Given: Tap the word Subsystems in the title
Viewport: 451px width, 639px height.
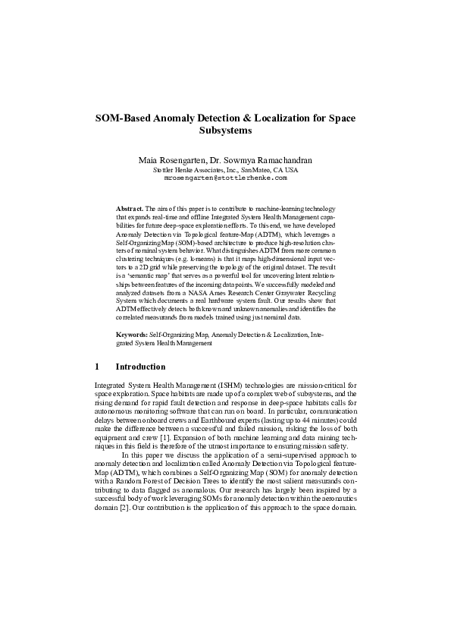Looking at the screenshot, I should (x=225, y=131).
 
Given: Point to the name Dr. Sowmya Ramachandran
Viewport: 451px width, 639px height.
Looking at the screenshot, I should (x=259, y=161).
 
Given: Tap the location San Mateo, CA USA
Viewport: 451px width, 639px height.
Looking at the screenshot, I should (x=269, y=170).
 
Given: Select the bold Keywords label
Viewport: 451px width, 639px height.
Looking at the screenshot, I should (x=131, y=334).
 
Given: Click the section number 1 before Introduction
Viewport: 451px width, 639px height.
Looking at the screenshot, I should (x=96, y=366).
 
